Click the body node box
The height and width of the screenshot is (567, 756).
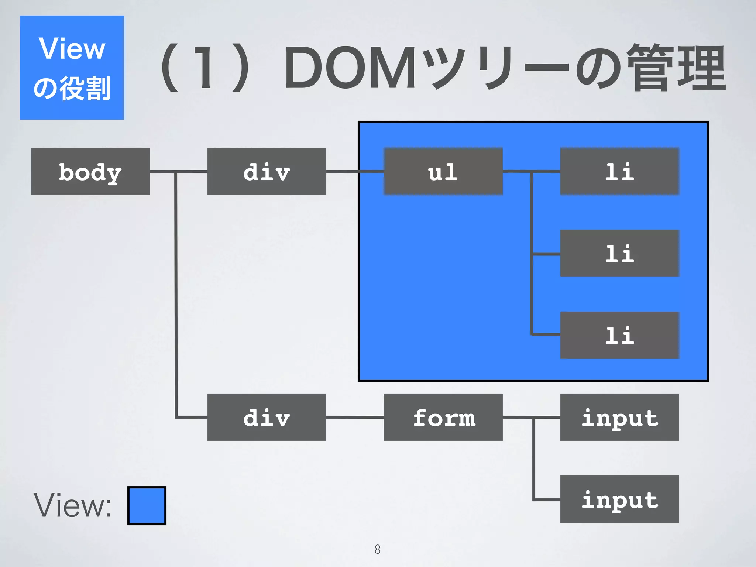(x=90, y=171)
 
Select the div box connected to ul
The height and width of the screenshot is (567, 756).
(x=267, y=171)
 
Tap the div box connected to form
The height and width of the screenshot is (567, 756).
(x=267, y=417)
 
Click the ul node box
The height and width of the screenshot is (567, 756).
(x=443, y=171)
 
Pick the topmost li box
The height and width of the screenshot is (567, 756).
(x=619, y=171)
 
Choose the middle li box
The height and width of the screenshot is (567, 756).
(x=619, y=253)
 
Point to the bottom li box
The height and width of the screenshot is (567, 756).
(x=619, y=335)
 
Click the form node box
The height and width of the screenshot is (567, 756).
(x=443, y=417)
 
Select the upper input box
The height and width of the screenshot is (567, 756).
(x=619, y=417)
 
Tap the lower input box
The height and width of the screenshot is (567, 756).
(x=619, y=499)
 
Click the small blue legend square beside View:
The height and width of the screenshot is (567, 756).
(x=147, y=506)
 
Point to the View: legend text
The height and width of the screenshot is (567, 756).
(x=72, y=506)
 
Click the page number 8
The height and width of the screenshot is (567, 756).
(x=377, y=549)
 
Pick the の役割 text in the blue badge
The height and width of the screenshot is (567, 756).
(x=72, y=89)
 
